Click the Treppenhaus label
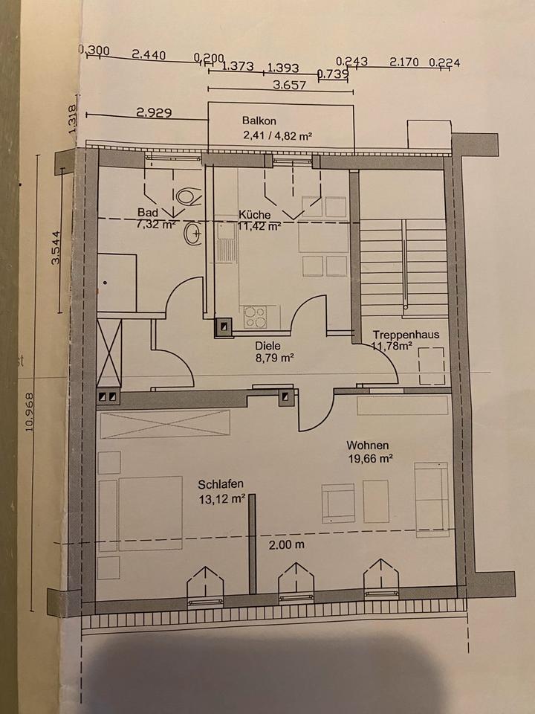(x=406, y=335)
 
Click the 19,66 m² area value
(x=369, y=459)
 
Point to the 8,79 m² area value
(x=274, y=358)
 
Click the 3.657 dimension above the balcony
(x=289, y=86)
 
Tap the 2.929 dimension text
(x=154, y=113)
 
